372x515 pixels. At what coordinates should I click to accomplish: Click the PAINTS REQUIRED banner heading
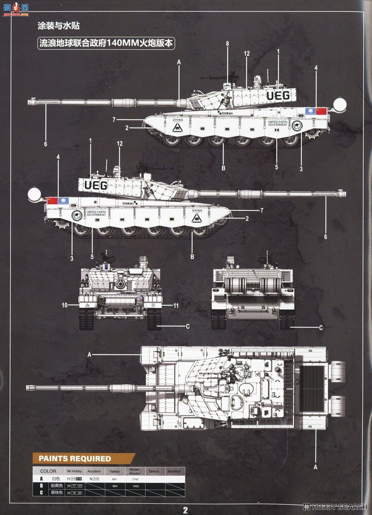pyautogui.click(x=75, y=458)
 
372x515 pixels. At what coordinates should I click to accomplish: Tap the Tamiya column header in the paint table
pyautogui.click(x=154, y=471)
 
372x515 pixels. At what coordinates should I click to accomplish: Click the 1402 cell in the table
pyautogui.click(x=135, y=485)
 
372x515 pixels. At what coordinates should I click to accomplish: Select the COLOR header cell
pyautogui.click(x=48, y=471)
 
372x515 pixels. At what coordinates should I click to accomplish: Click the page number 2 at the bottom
pyautogui.click(x=186, y=510)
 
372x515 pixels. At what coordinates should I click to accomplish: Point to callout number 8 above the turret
pyautogui.click(x=228, y=44)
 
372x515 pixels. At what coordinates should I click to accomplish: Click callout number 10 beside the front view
pyautogui.click(x=65, y=306)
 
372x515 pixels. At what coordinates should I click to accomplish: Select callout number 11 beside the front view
pyautogui.click(x=176, y=306)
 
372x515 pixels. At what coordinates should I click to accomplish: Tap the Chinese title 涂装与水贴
pyautogui.click(x=58, y=26)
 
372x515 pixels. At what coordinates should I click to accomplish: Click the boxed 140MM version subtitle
pyautogui.click(x=107, y=43)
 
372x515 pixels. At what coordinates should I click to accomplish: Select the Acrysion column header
pyautogui.click(x=93, y=471)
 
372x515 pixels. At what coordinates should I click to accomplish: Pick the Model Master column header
pyautogui.click(x=135, y=471)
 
